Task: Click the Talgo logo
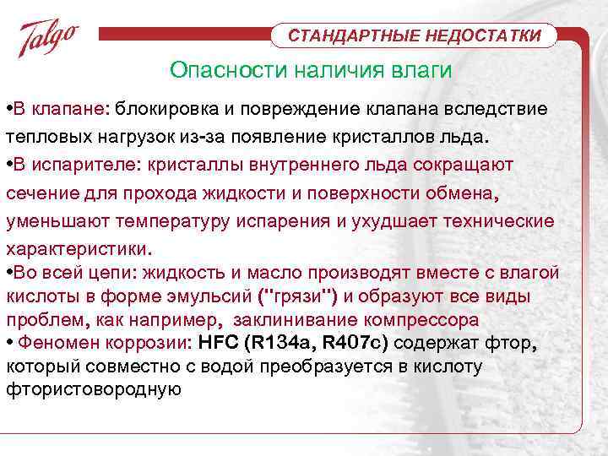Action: click(49, 39)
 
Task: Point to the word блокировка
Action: click(175, 110)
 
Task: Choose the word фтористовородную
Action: click(94, 388)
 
